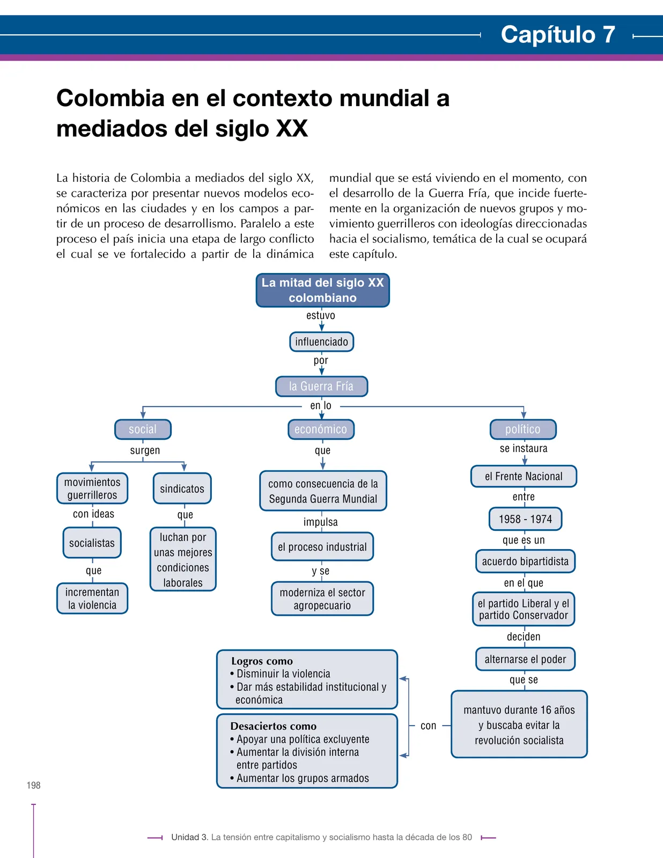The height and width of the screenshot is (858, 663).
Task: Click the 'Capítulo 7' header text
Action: [x=557, y=34]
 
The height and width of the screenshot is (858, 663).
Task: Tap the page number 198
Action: [x=34, y=785]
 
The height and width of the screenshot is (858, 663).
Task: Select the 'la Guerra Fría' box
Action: [x=321, y=386]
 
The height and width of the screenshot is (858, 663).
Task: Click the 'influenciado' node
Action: [x=321, y=342]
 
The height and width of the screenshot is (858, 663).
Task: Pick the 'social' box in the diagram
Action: [x=143, y=429]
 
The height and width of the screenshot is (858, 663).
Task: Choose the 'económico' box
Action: [x=321, y=429]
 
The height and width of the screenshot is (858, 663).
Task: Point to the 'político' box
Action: [x=523, y=429]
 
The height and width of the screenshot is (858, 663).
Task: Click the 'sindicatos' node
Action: [x=182, y=489]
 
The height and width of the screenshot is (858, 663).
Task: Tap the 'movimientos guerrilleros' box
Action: [x=92, y=489]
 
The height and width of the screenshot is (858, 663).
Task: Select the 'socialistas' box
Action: [x=92, y=543]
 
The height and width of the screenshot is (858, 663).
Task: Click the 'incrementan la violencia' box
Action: [x=92, y=598]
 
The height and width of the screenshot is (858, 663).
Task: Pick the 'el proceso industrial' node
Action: [x=322, y=547]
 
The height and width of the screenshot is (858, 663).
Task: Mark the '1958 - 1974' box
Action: [x=525, y=519]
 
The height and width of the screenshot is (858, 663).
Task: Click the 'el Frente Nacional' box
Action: [x=524, y=476]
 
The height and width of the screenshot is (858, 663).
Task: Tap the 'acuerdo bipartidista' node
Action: [x=525, y=561]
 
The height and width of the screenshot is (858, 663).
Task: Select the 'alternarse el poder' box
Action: [x=525, y=660]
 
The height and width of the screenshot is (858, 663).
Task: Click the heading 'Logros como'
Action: [x=262, y=661]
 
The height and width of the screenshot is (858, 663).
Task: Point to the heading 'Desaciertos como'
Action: [x=273, y=726]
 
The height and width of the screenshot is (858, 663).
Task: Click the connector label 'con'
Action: [x=428, y=726]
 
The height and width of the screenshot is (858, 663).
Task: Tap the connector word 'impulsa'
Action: [x=321, y=522]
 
